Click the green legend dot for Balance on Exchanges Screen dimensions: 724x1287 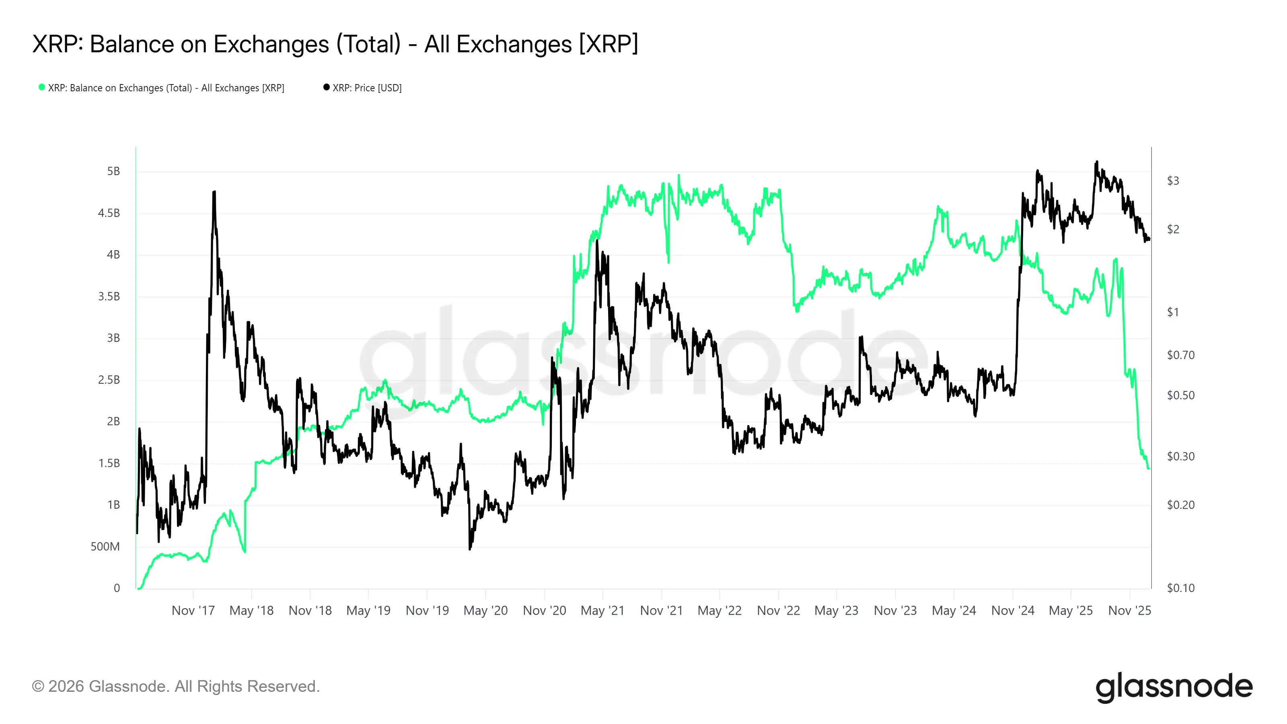pos(42,87)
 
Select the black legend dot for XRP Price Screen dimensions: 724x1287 pos(326,87)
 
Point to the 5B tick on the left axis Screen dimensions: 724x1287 pos(113,171)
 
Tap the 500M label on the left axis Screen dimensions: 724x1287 pos(105,547)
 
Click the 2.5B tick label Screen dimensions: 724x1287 pos(109,380)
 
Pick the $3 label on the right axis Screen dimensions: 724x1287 pos(1173,181)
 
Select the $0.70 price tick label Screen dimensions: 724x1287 pos(1180,355)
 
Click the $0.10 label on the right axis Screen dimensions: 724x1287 pos(1180,588)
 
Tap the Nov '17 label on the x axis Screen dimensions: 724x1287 pos(193,611)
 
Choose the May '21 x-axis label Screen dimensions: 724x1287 pos(602,611)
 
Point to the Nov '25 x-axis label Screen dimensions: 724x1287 pos(1129,611)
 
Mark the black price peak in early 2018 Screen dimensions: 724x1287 pos(214,192)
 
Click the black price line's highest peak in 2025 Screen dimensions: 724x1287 pos(1097,162)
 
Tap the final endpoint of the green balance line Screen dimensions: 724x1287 pos(1149,468)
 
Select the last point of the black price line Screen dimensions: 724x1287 pos(1149,239)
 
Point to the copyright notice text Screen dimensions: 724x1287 pos(175,687)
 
